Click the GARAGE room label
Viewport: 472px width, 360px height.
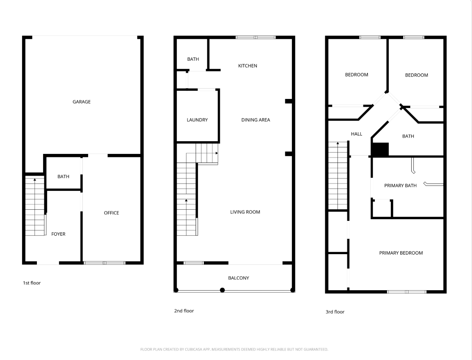click(82, 102)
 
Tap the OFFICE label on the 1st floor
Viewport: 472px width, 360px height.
click(112, 213)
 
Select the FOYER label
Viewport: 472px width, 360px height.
click(58, 234)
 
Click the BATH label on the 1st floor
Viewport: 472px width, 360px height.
click(63, 177)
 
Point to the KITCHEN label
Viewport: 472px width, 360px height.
click(248, 66)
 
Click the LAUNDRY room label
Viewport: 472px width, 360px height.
click(197, 120)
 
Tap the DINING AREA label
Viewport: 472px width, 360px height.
click(255, 120)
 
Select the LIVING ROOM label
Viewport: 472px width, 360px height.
click(245, 212)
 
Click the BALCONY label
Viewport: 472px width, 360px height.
click(238, 278)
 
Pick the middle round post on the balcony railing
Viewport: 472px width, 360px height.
click(222, 290)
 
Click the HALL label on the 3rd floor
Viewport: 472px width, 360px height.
click(357, 134)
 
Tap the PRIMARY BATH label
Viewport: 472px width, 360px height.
click(400, 186)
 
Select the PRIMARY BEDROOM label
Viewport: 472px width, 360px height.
click(401, 253)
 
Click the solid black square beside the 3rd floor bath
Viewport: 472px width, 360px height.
click(380, 149)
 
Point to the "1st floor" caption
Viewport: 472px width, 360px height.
click(32, 283)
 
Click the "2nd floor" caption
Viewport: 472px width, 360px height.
click(184, 311)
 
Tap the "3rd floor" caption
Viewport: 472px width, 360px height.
click(335, 312)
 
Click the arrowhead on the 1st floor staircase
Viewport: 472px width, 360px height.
click(35, 180)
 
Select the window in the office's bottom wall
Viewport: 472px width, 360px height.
click(105, 263)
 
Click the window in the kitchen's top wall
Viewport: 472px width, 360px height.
click(255, 37)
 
